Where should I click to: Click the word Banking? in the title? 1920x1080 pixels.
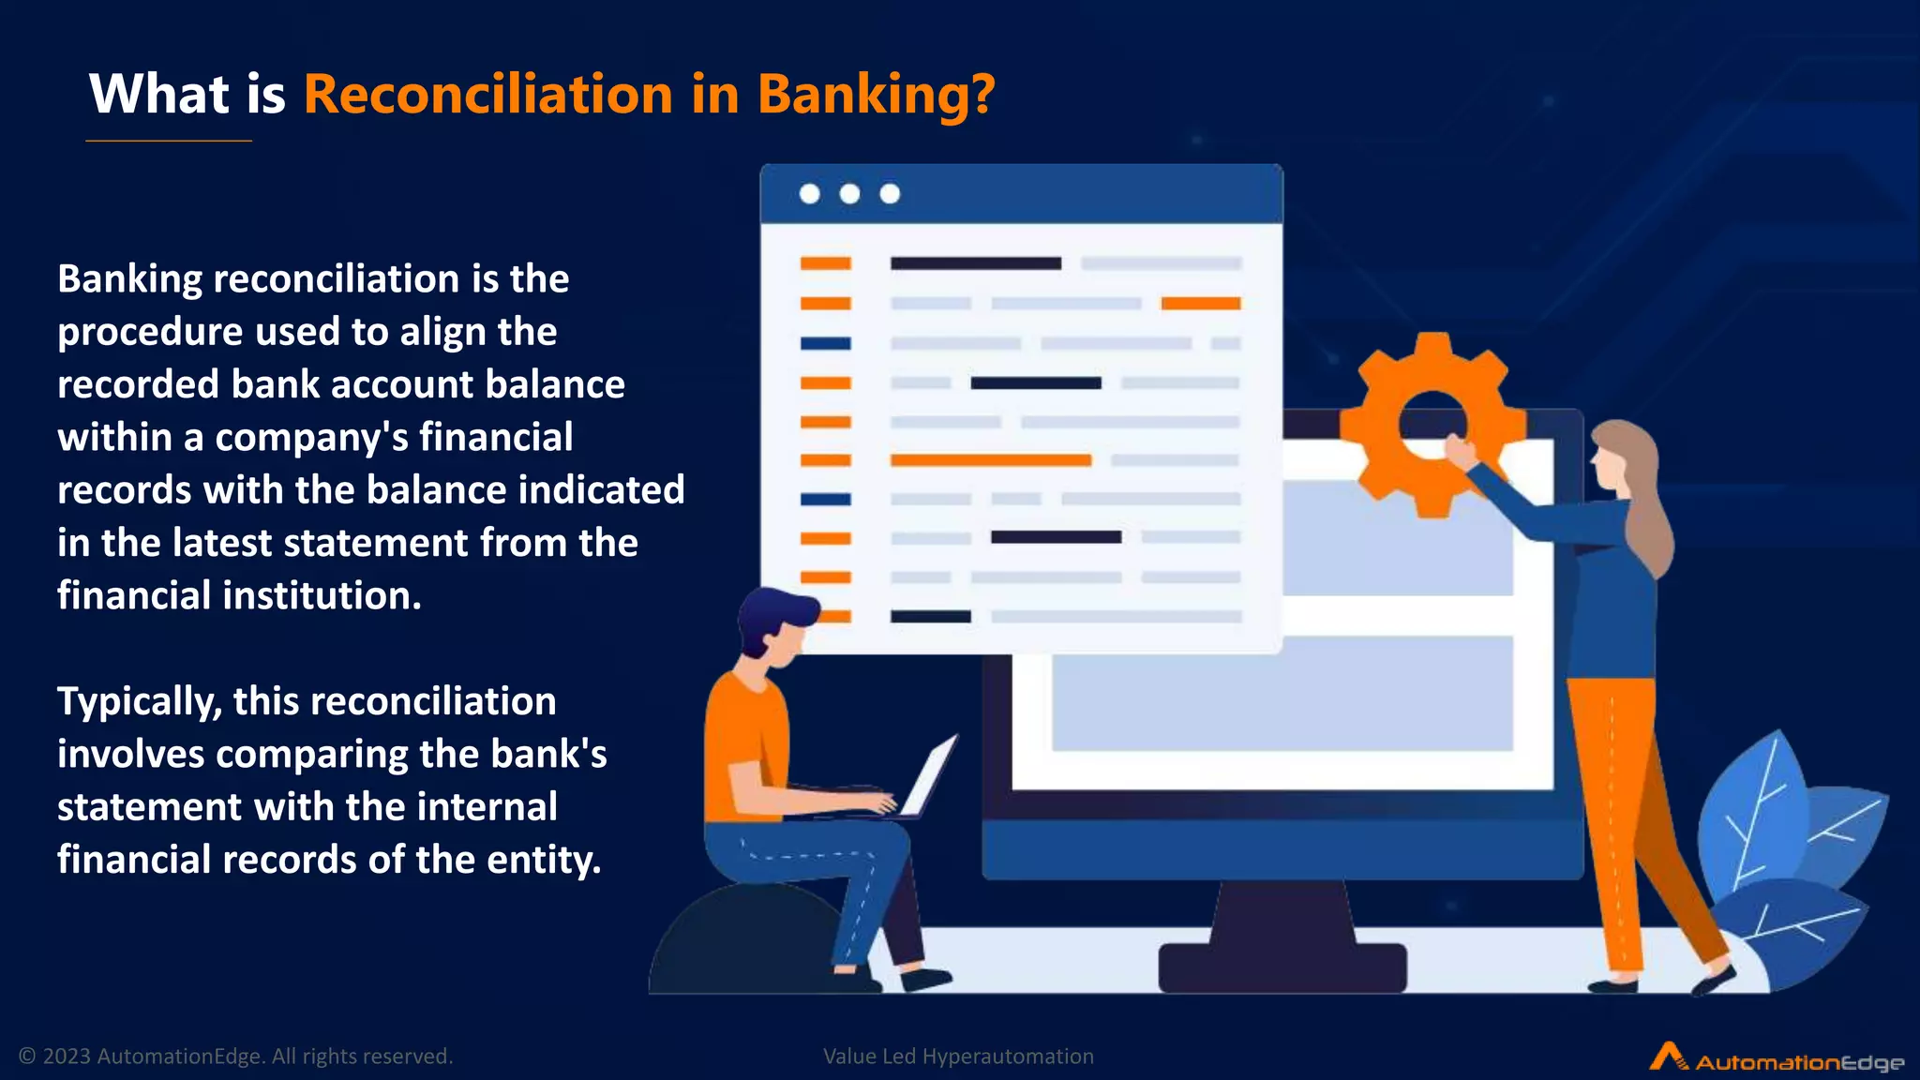click(x=876, y=95)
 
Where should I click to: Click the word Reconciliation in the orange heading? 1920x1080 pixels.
click(x=487, y=95)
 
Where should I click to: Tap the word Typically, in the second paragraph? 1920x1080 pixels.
click(x=140, y=702)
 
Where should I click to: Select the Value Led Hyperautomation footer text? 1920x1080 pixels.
click(x=958, y=1057)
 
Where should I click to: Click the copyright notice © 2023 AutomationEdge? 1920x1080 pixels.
click(x=235, y=1057)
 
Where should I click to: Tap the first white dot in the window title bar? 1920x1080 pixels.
click(x=809, y=194)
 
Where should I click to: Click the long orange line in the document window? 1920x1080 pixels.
click(x=990, y=460)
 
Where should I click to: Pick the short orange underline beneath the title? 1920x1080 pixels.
click(x=169, y=141)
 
